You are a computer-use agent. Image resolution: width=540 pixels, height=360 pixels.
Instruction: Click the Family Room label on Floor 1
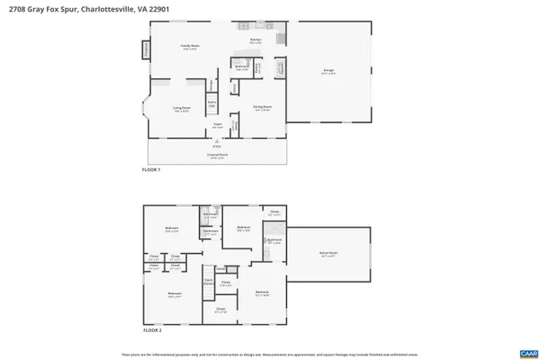tap(190, 45)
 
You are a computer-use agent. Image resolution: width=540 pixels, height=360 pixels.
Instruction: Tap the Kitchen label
tap(256, 40)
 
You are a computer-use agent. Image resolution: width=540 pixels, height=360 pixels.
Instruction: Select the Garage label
tap(329, 71)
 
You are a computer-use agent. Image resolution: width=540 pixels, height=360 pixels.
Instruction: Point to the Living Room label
tap(182, 107)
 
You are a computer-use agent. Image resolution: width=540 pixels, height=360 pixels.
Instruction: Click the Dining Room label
tap(262, 107)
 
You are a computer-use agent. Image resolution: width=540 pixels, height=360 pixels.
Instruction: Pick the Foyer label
tap(217, 125)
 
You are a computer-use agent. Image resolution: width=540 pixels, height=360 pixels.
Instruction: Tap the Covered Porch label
tap(217, 155)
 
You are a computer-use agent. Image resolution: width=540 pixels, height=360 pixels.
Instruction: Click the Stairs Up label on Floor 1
tap(212, 103)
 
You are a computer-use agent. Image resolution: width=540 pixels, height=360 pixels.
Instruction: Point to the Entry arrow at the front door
tap(217, 144)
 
